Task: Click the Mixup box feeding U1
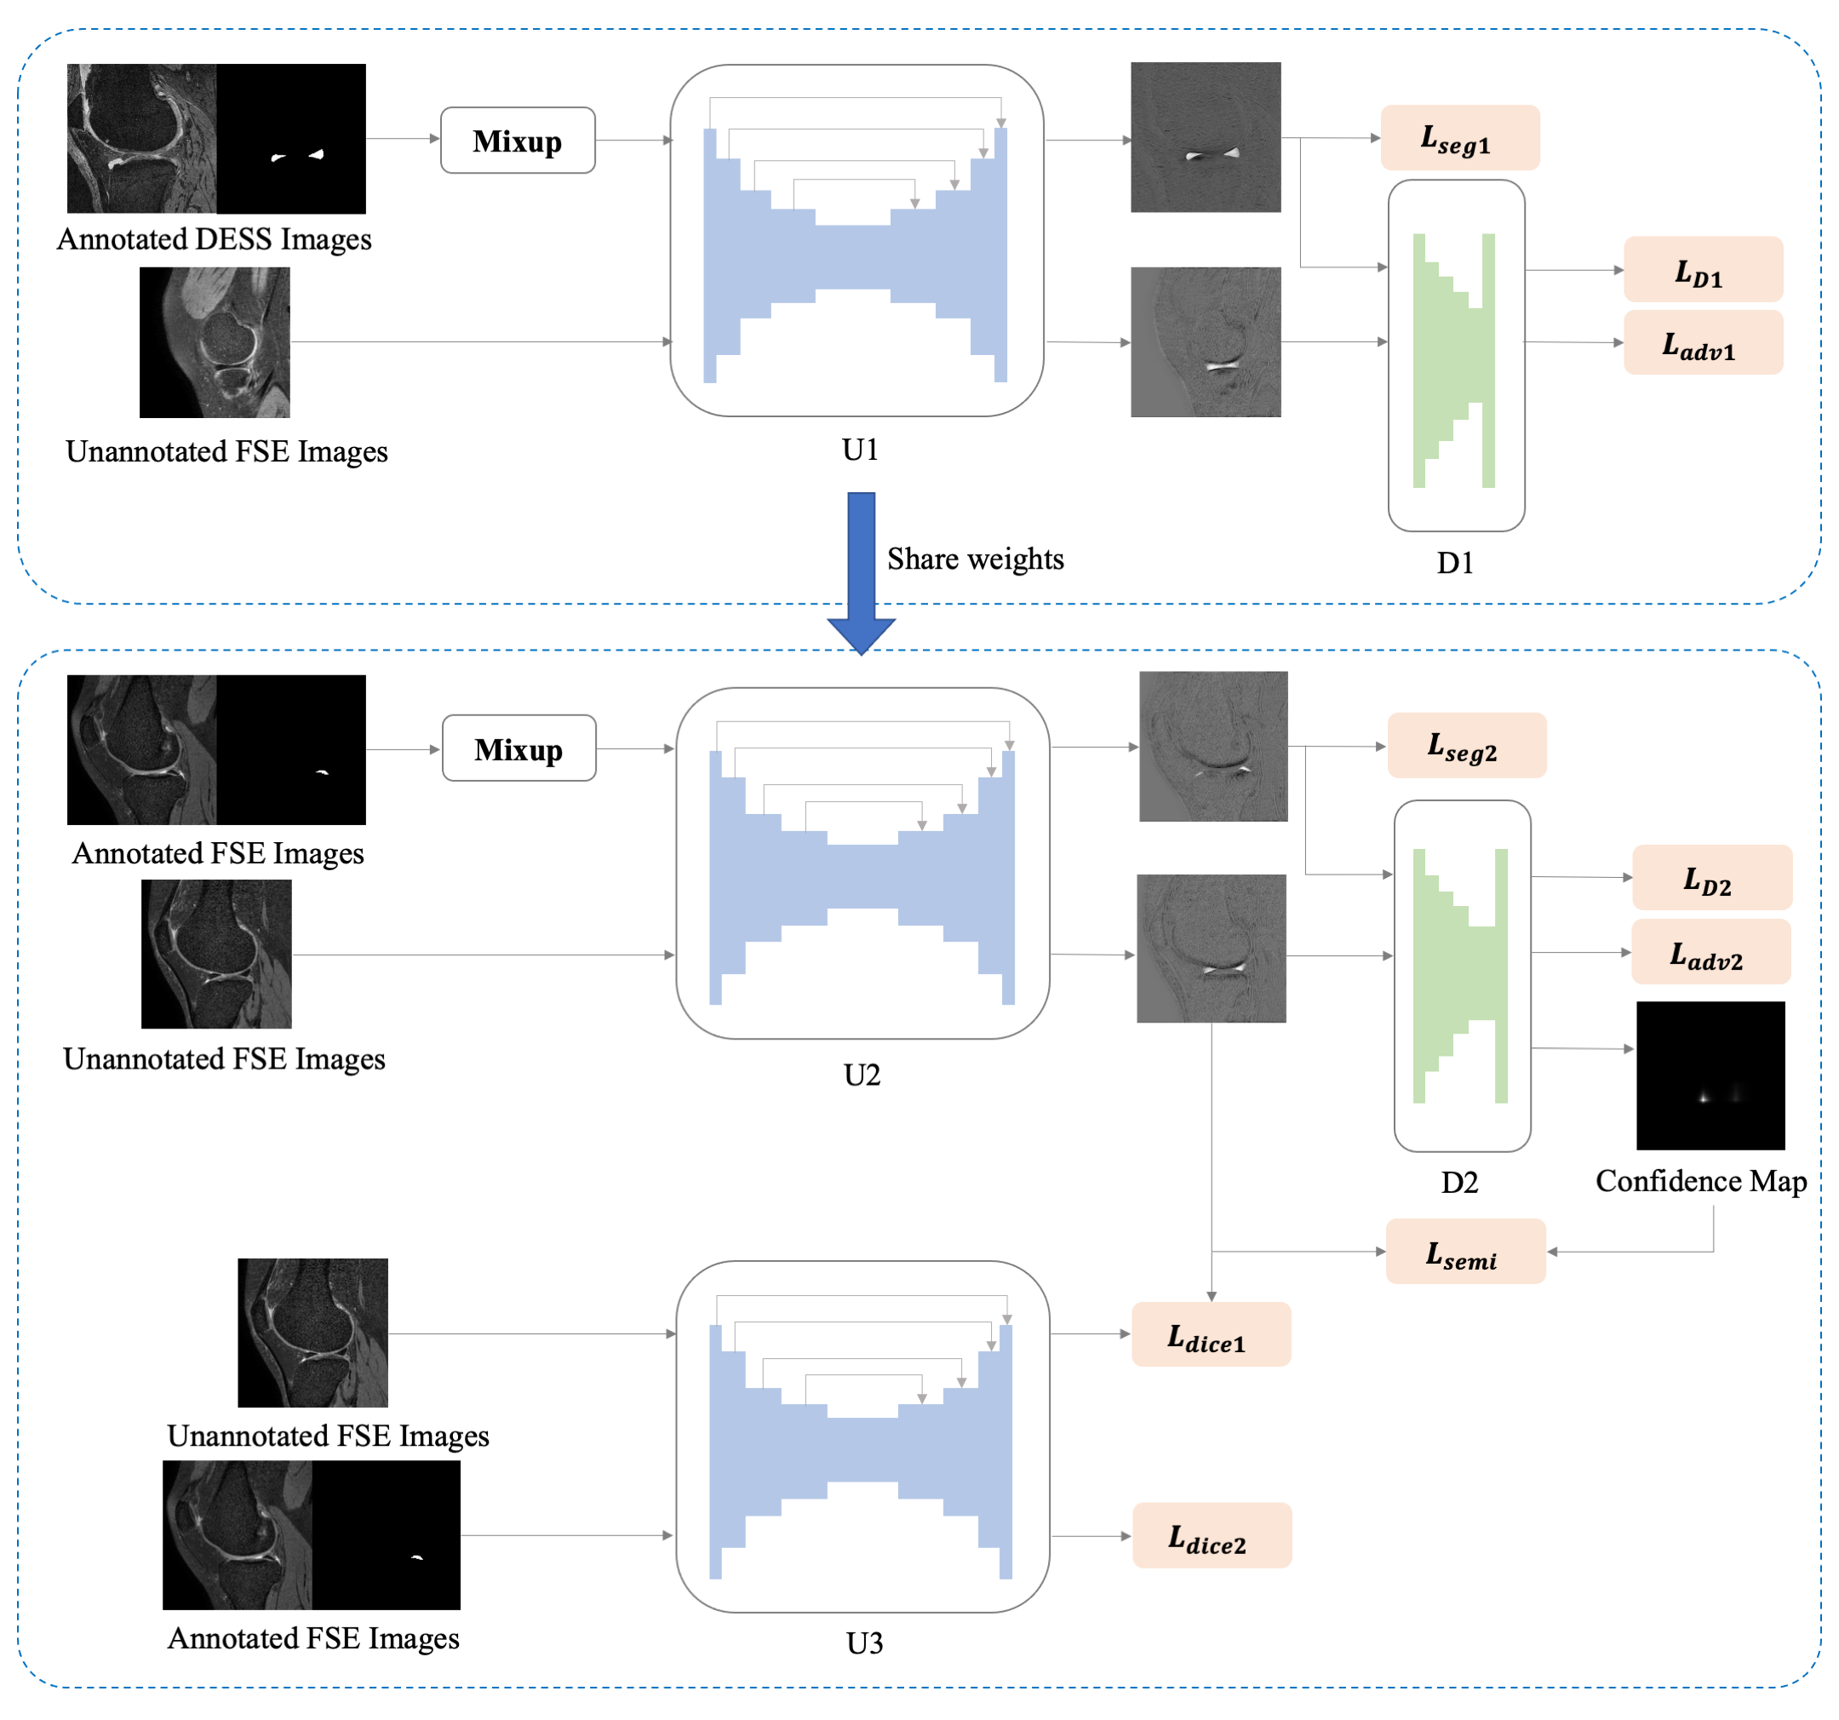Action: coord(517,140)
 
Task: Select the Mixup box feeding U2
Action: coord(519,748)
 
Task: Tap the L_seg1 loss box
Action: coord(1460,138)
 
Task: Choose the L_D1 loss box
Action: coord(1703,270)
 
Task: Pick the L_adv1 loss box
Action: coord(1703,343)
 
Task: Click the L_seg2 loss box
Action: coord(1466,746)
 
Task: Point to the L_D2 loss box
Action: coord(1711,878)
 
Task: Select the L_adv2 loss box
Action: coord(1710,952)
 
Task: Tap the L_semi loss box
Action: coord(1465,1252)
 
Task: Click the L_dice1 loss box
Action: coord(1211,1335)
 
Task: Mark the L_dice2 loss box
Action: coord(1212,1536)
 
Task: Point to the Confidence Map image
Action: coord(1710,1076)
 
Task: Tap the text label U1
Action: coord(860,450)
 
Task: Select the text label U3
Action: coord(865,1643)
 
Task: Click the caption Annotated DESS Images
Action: coord(215,239)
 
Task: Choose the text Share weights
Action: coord(976,559)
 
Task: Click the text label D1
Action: coord(1455,563)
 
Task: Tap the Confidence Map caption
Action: coord(1701,1182)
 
